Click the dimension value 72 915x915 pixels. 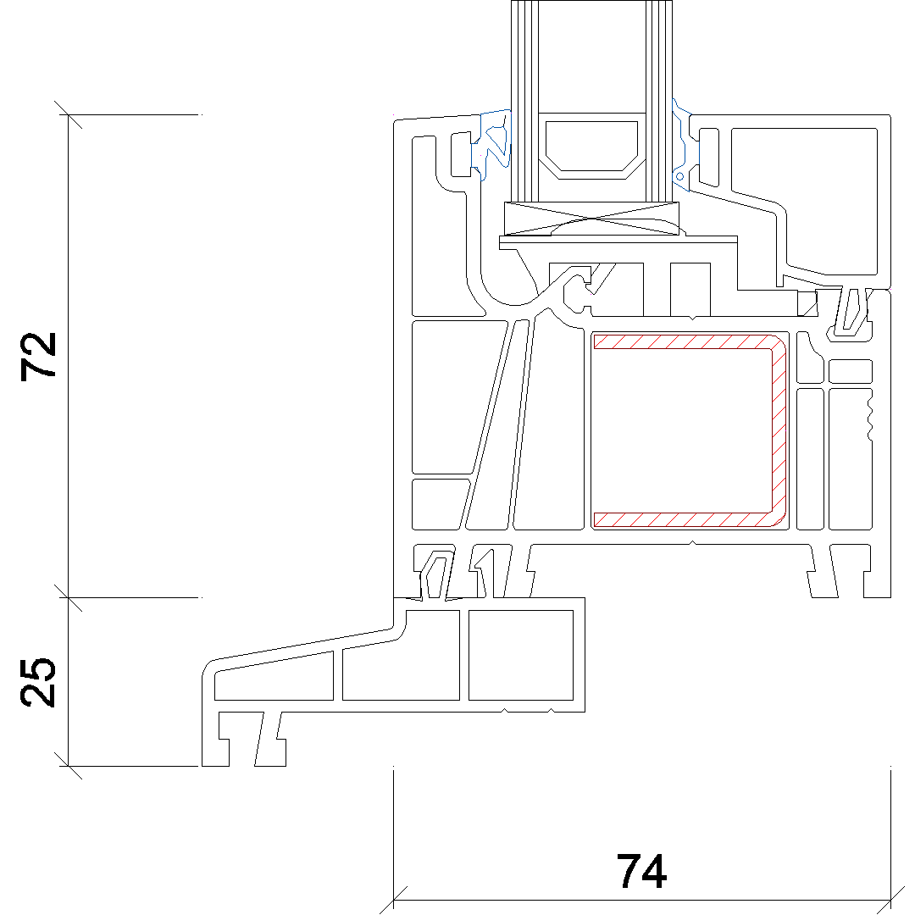[41, 355]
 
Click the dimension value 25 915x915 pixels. [41, 682]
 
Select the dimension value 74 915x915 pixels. [641, 871]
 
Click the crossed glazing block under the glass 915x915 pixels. [592, 219]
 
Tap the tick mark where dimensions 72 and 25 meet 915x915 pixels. [68, 597]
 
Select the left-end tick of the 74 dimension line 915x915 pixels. [394, 900]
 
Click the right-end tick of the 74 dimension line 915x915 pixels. [890, 900]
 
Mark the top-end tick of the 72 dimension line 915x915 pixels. [68, 114]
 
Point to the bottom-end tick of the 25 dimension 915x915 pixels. [68, 766]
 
